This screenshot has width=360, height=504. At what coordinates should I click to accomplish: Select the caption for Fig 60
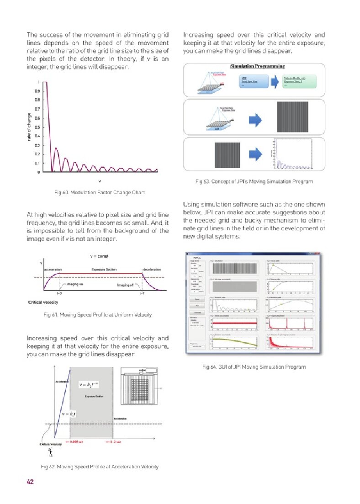pyautogui.click(x=99, y=192)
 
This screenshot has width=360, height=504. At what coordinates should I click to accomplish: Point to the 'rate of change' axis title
pyautogui.click(x=29, y=127)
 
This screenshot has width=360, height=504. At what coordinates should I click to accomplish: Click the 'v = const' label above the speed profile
pyautogui.click(x=99, y=256)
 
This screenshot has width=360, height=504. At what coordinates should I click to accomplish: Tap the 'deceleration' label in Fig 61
pyautogui.click(x=152, y=270)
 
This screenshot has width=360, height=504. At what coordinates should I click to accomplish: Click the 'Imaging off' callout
pyautogui.click(x=124, y=284)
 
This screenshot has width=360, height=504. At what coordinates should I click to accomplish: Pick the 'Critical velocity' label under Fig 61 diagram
pyautogui.click(x=43, y=302)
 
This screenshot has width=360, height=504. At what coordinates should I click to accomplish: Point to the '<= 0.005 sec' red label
pyautogui.click(x=74, y=442)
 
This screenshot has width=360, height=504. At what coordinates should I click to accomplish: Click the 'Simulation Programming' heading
pyautogui.click(x=254, y=66)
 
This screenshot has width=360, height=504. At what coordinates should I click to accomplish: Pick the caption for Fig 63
pyautogui.click(x=254, y=181)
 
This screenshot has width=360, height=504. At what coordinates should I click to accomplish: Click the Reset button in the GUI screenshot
pyautogui.click(x=196, y=299)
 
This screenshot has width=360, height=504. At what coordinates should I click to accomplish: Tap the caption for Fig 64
pyautogui.click(x=254, y=366)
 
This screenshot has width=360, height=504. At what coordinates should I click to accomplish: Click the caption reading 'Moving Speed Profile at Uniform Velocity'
pyautogui.click(x=99, y=314)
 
